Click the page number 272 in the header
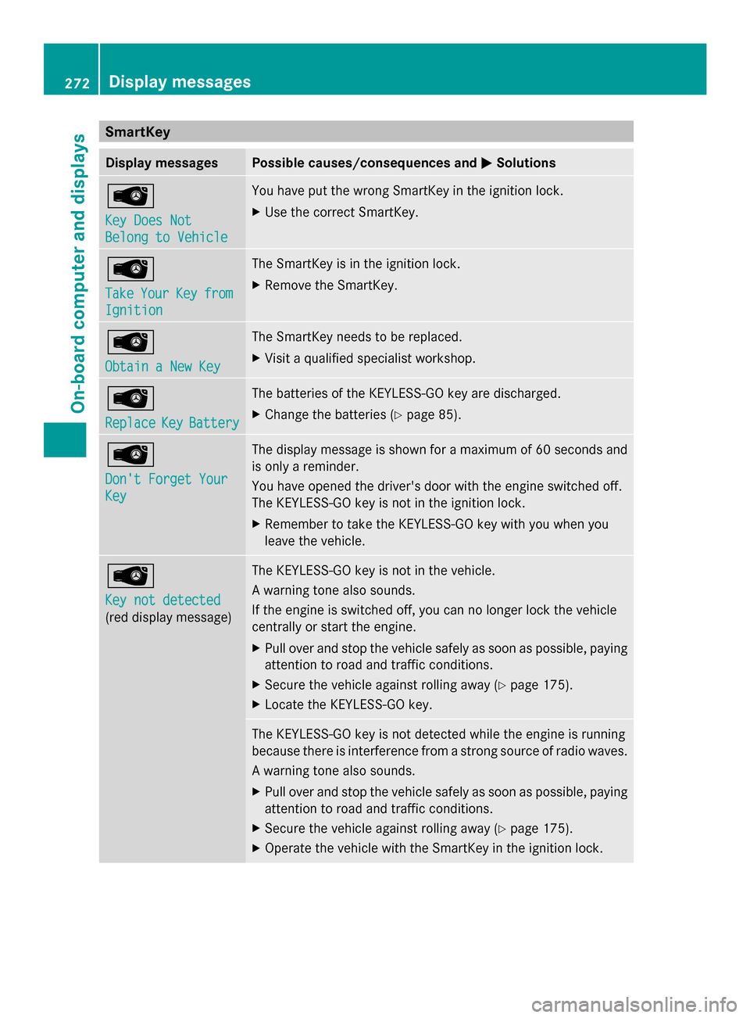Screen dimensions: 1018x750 [77, 83]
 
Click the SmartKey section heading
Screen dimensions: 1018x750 [137, 131]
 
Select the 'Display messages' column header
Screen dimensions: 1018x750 [162, 163]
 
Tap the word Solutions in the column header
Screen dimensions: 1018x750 [526, 163]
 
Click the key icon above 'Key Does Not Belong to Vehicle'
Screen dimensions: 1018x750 [130, 195]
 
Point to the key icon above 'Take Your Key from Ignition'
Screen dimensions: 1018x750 [130, 269]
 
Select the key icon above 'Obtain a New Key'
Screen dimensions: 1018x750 [130, 342]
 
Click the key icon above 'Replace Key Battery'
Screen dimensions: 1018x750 [130, 399]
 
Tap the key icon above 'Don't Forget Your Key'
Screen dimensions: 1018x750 [130, 454]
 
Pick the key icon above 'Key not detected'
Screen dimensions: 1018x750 [130, 575]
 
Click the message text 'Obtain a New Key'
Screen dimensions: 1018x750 [162, 367]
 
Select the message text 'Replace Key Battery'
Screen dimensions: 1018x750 [172, 423]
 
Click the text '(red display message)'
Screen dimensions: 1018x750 [168, 618]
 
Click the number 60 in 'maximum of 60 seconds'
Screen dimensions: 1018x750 [544, 450]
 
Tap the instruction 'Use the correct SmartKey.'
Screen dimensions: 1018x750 [341, 212]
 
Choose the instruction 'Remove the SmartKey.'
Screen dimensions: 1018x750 [330, 285]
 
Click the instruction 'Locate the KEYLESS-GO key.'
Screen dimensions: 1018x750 [348, 704]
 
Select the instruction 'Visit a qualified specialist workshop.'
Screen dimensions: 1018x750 [370, 358]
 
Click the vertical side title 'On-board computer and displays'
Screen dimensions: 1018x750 [78, 274]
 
